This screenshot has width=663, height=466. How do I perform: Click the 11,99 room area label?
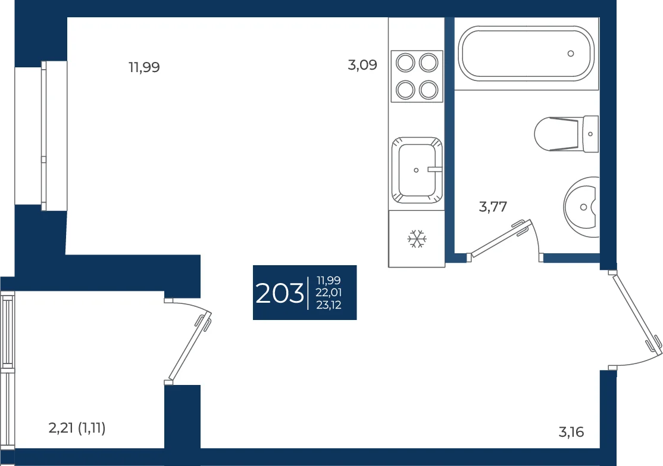(x=144, y=67)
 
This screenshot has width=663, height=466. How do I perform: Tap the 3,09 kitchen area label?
(x=362, y=65)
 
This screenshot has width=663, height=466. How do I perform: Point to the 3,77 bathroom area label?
(x=493, y=207)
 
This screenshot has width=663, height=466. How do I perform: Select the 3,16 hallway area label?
(x=571, y=432)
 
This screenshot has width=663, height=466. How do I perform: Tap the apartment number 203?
(x=280, y=293)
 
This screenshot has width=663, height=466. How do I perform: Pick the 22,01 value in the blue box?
(x=329, y=293)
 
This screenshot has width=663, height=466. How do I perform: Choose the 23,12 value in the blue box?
(x=329, y=305)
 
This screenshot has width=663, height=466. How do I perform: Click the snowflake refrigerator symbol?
(x=417, y=239)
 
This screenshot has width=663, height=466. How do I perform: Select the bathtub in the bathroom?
(x=527, y=54)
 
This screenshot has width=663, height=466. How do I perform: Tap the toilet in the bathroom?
(x=566, y=133)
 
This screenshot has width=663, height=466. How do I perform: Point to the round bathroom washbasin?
(x=581, y=207)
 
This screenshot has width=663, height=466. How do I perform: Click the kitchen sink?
(x=417, y=170)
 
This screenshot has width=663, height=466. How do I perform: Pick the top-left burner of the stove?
(x=405, y=63)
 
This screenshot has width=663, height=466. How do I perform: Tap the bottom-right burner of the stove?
(x=429, y=90)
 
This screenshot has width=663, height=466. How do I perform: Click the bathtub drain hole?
(x=571, y=54)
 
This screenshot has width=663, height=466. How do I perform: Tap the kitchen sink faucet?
(x=434, y=169)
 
